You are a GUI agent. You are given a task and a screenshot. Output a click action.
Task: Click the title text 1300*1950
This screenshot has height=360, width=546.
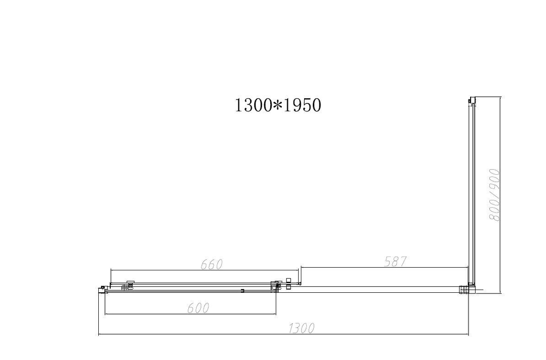coord(277,105)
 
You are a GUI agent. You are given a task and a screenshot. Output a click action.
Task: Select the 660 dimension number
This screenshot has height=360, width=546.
coord(211,264)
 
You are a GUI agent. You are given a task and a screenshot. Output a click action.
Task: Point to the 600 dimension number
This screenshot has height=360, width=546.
coord(199,308)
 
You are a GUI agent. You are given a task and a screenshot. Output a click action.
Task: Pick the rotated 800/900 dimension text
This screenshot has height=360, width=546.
coord(495,194)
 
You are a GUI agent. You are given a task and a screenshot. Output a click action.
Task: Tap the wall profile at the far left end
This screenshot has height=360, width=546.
coord(102,289)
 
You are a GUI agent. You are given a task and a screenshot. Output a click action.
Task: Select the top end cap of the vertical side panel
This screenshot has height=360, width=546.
coord(471,101)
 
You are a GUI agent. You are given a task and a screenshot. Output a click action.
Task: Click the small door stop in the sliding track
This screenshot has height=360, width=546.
coord(241,290)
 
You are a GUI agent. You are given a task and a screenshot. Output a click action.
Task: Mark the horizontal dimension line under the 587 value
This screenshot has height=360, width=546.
coord(384,268)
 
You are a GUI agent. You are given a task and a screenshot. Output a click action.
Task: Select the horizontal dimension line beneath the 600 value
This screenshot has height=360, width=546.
coord(191,314)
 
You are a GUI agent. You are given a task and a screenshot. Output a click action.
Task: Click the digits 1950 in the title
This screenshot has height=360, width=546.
coord(300,105)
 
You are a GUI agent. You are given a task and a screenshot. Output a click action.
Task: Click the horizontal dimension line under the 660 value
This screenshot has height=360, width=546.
coord(205,270)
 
